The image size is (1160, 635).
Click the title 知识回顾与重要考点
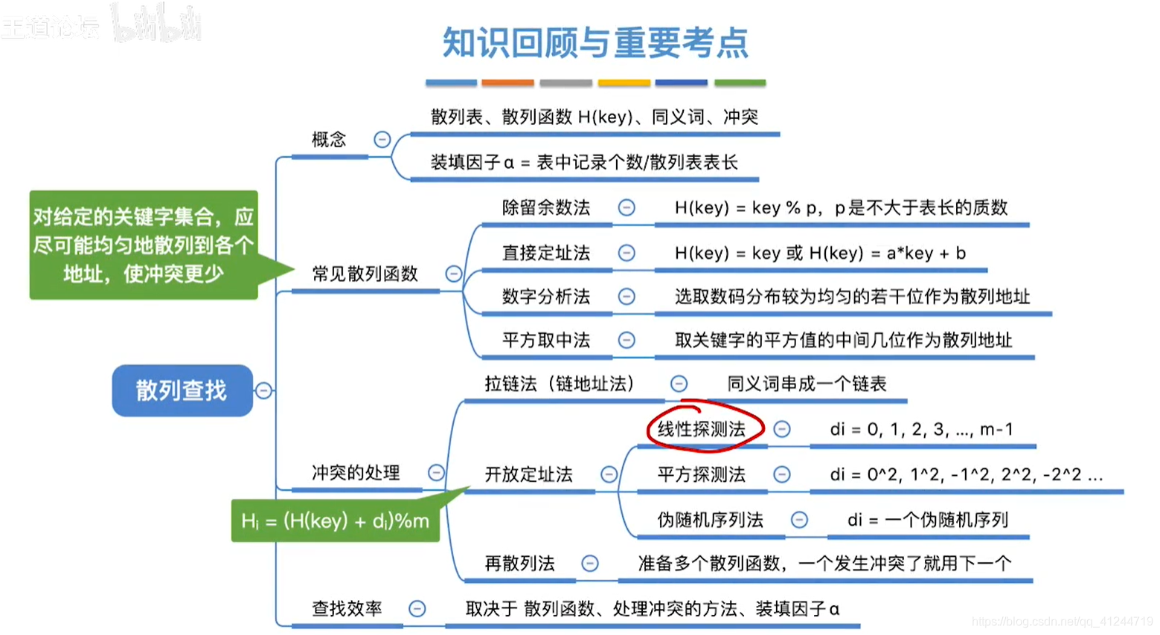point(595,43)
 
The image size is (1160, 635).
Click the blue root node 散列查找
point(182,390)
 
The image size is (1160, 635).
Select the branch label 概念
point(329,140)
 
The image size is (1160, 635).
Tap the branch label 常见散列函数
point(365,274)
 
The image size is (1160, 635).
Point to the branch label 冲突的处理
point(356,473)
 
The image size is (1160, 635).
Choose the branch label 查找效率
point(347,609)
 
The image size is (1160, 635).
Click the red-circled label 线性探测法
point(702,429)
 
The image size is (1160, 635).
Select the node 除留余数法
point(546,208)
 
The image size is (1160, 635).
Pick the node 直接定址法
point(546,254)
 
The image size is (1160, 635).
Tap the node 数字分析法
point(546,297)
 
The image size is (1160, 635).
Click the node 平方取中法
point(546,341)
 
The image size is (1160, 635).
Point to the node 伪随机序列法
point(710,520)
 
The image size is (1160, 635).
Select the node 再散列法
point(519,564)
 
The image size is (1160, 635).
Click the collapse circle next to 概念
point(382,140)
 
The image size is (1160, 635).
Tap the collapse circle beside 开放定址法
point(609,474)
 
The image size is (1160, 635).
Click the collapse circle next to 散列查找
point(264,390)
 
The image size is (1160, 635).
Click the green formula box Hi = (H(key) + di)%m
point(335,521)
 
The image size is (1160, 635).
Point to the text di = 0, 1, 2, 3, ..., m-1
point(921,430)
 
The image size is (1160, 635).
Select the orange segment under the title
point(507,83)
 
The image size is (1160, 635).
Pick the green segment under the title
point(740,83)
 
